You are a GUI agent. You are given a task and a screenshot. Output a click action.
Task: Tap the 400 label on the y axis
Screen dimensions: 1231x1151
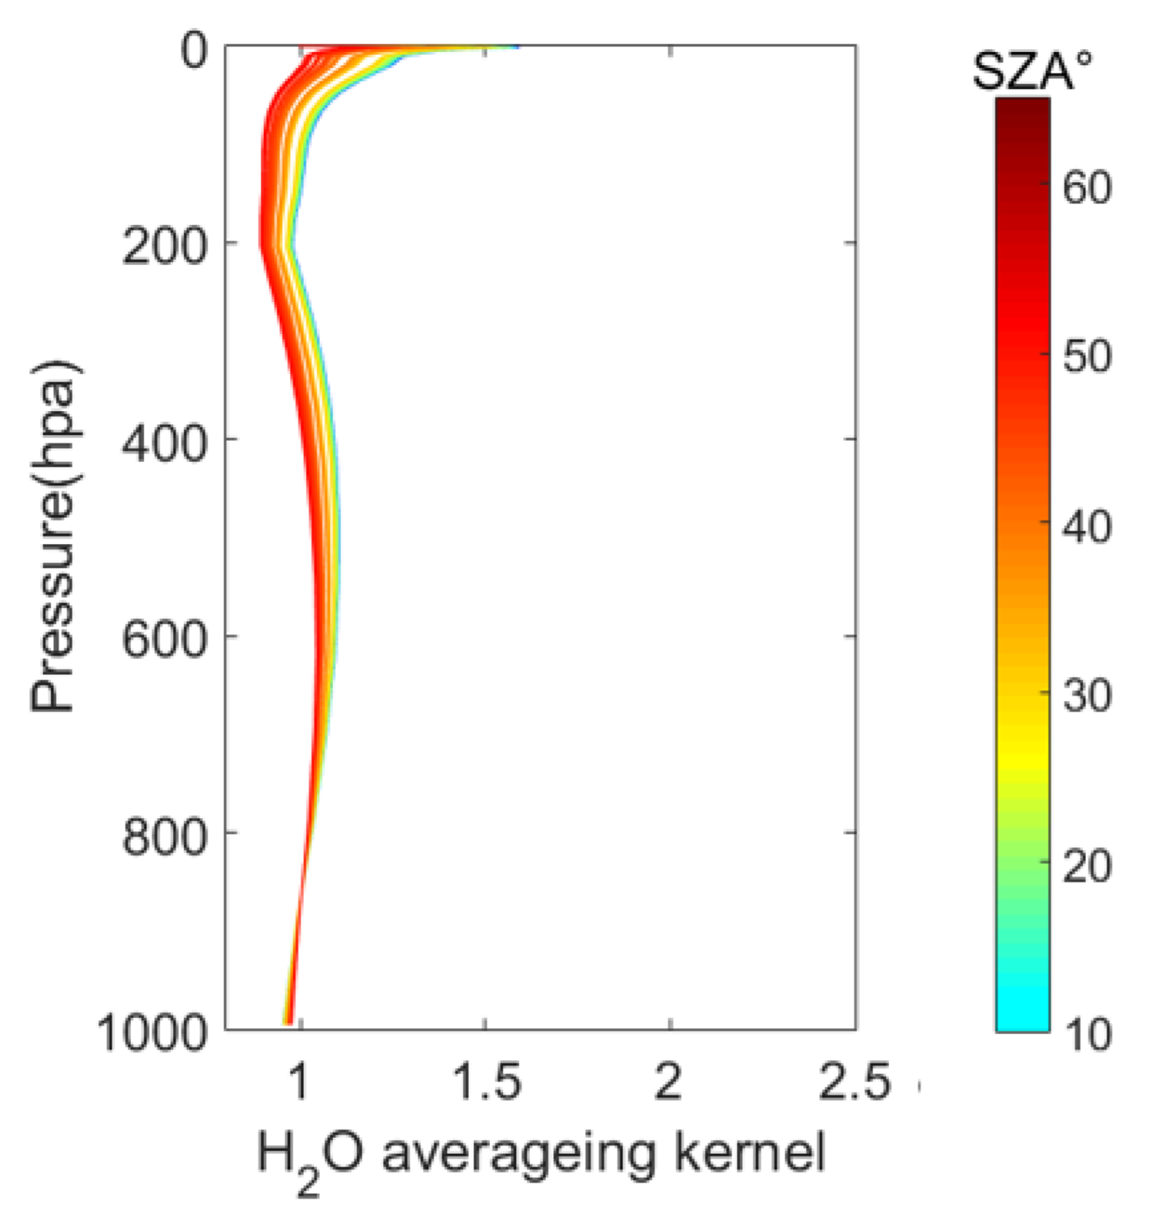[x=165, y=443]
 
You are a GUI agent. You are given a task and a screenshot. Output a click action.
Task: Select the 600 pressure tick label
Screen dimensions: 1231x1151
[x=165, y=639]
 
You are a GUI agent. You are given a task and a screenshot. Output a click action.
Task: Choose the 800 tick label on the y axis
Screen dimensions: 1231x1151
[x=165, y=836]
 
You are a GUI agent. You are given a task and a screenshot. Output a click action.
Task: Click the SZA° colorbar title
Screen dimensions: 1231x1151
[x=1032, y=71]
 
